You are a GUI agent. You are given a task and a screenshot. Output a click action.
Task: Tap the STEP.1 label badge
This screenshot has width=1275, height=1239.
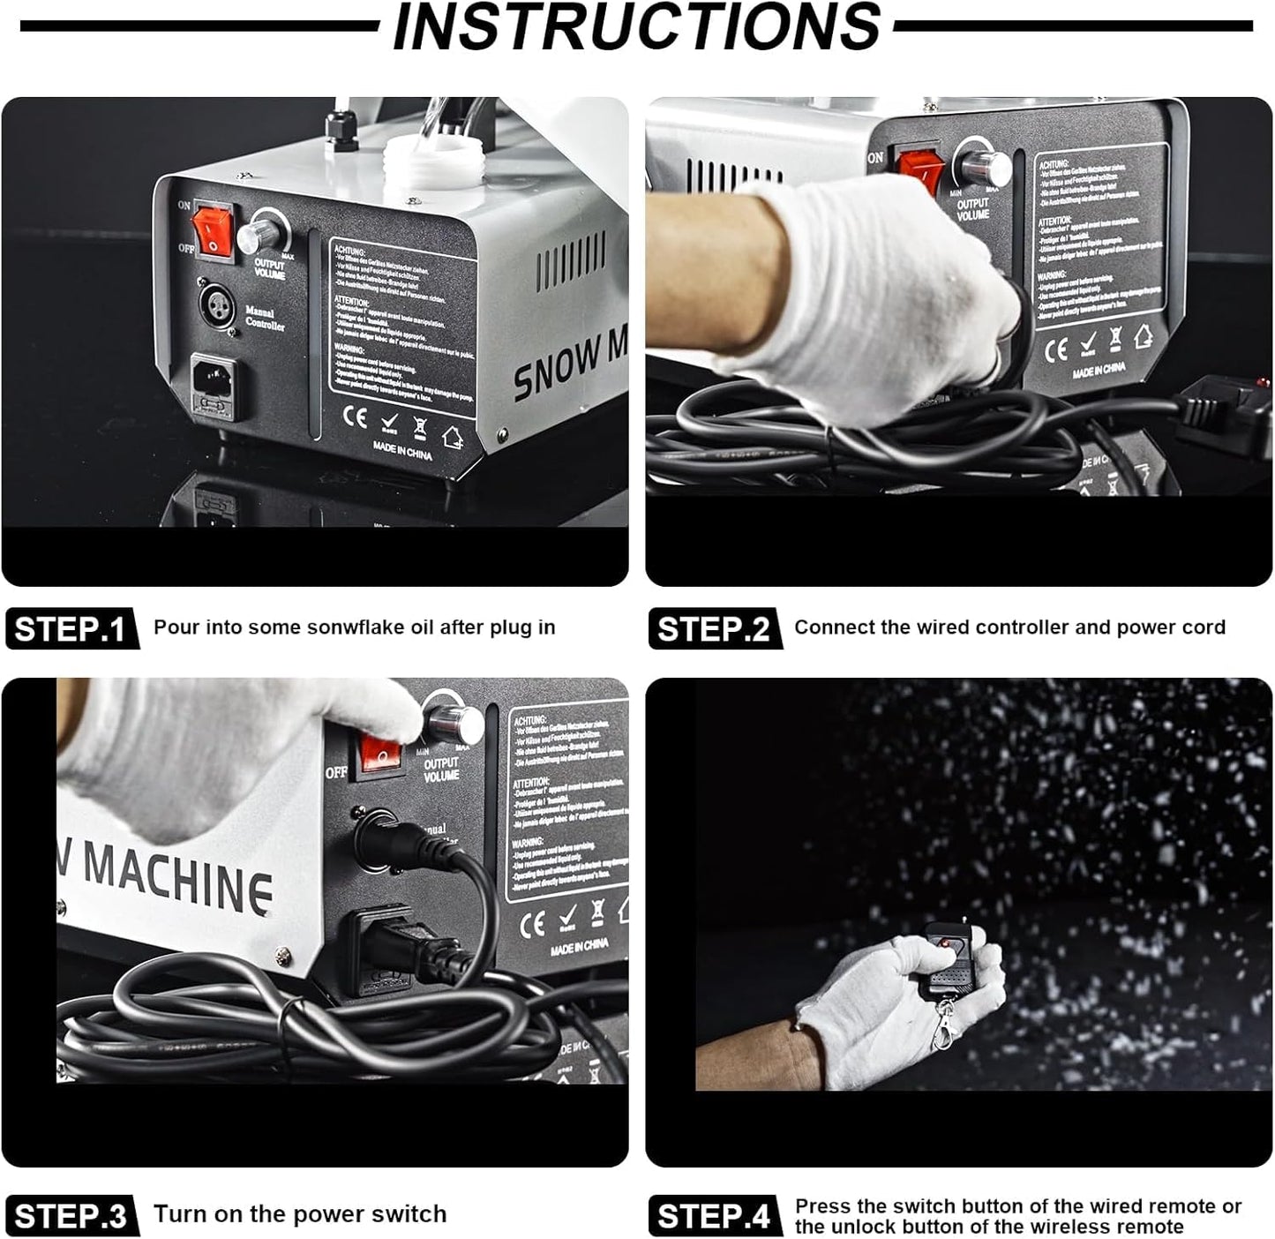pos(71,629)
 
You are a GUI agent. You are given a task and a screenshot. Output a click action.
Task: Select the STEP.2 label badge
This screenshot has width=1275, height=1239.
pos(714,629)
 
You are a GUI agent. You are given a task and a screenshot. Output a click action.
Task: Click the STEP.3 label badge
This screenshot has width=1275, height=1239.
pos(71,1216)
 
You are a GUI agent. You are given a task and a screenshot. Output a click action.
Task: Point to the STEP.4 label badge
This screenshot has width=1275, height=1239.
pos(714,1216)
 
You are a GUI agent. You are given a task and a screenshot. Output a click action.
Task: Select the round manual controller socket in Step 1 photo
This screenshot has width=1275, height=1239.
pos(214,305)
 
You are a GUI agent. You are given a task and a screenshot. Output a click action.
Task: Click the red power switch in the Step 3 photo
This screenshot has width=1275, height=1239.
pos(380,755)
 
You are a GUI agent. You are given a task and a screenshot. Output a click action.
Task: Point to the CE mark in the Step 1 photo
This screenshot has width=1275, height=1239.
pos(355,417)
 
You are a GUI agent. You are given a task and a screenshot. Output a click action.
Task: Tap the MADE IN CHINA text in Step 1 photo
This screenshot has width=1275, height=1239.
pos(402,452)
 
